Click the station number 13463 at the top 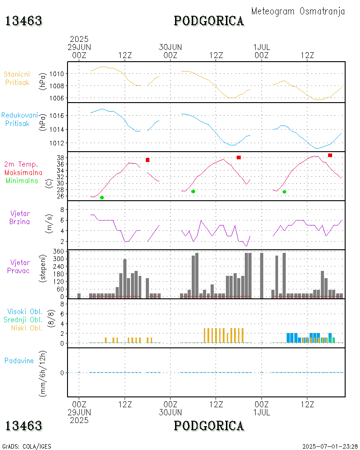point(24,21)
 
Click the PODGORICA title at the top point(209,21)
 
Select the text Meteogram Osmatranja point(298,11)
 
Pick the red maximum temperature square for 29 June point(148,160)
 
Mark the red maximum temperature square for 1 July point(330,155)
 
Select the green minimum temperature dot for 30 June point(193,191)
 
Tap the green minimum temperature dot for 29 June point(102,198)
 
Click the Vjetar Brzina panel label point(21,217)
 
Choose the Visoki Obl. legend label point(25,311)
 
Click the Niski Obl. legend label point(27,328)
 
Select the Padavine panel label point(19,360)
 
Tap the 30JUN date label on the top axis point(171,47)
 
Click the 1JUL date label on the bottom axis point(261,412)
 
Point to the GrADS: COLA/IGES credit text point(27,446)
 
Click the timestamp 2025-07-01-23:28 point(330,446)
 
